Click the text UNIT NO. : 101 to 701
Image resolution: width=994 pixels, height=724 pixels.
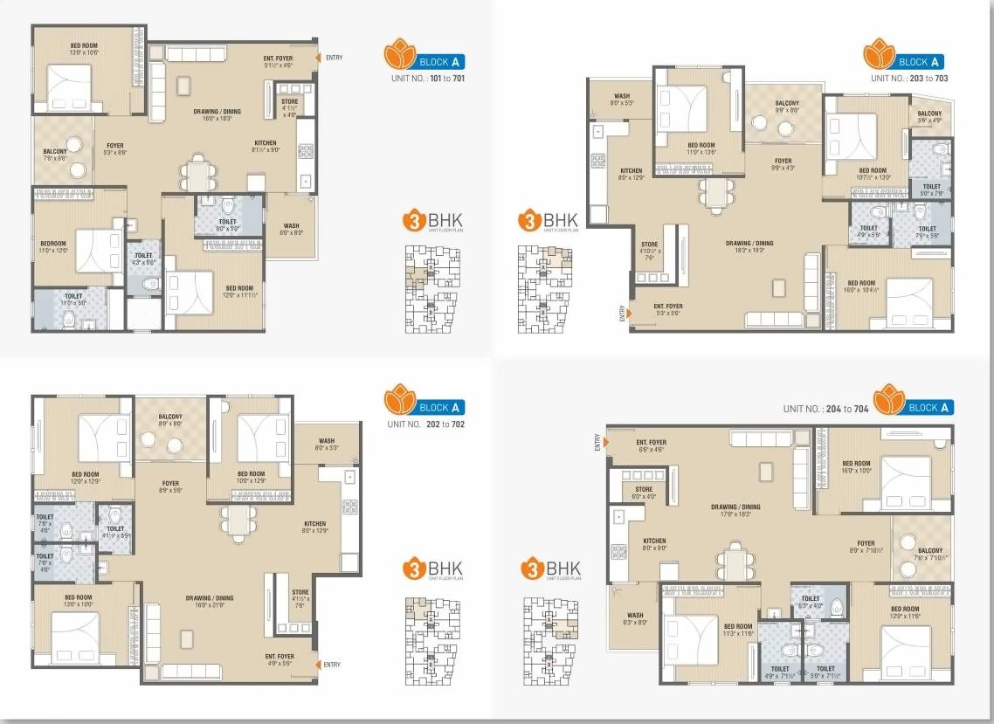tap(427, 79)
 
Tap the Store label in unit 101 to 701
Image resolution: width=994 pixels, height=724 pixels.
tap(290, 102)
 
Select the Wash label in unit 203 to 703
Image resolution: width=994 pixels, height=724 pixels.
tap(622, 97)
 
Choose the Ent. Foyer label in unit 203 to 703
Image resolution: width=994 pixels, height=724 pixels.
tap(668, 306)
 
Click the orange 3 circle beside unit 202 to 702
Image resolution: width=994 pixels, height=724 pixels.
tap(413, 569)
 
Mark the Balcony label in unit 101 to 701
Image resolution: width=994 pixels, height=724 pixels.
tap(55, 152)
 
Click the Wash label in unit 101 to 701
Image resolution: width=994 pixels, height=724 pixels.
tap(291, 229)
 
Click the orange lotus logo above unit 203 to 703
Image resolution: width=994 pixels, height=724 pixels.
tap(880, 55)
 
